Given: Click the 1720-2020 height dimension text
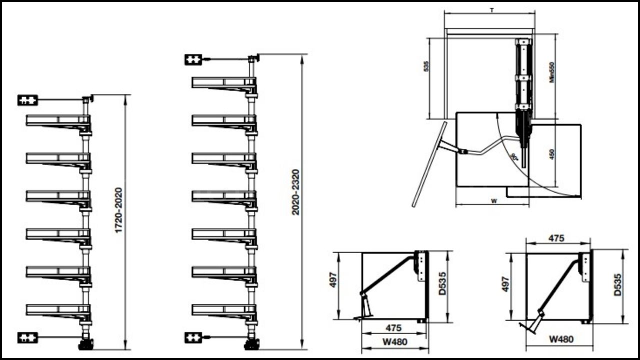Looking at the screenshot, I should tap(118, 210).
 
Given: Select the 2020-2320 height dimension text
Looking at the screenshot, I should tap(295, 192).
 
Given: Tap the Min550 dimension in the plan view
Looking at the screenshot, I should tap(552, 72).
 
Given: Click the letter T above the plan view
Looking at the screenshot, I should tap(492, 10).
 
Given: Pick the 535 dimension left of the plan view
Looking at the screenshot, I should tap(426, 66).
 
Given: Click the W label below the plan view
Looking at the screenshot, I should tap(493, 201).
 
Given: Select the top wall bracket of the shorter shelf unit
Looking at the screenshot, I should tap(28, 100).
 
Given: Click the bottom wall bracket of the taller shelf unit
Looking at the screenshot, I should tap(193, 338).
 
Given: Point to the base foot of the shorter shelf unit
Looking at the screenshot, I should tap(86, 344).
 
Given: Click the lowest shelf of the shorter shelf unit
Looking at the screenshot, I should tap(58, 310).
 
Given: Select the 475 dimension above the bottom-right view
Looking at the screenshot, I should tap(556, 238).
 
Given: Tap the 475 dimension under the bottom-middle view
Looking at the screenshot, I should tap(393, 329).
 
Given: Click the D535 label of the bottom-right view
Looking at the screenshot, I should tap(618, 284).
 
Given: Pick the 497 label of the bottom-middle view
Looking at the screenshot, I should tap(334, 279).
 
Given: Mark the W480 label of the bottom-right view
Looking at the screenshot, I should tap(561, 339).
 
